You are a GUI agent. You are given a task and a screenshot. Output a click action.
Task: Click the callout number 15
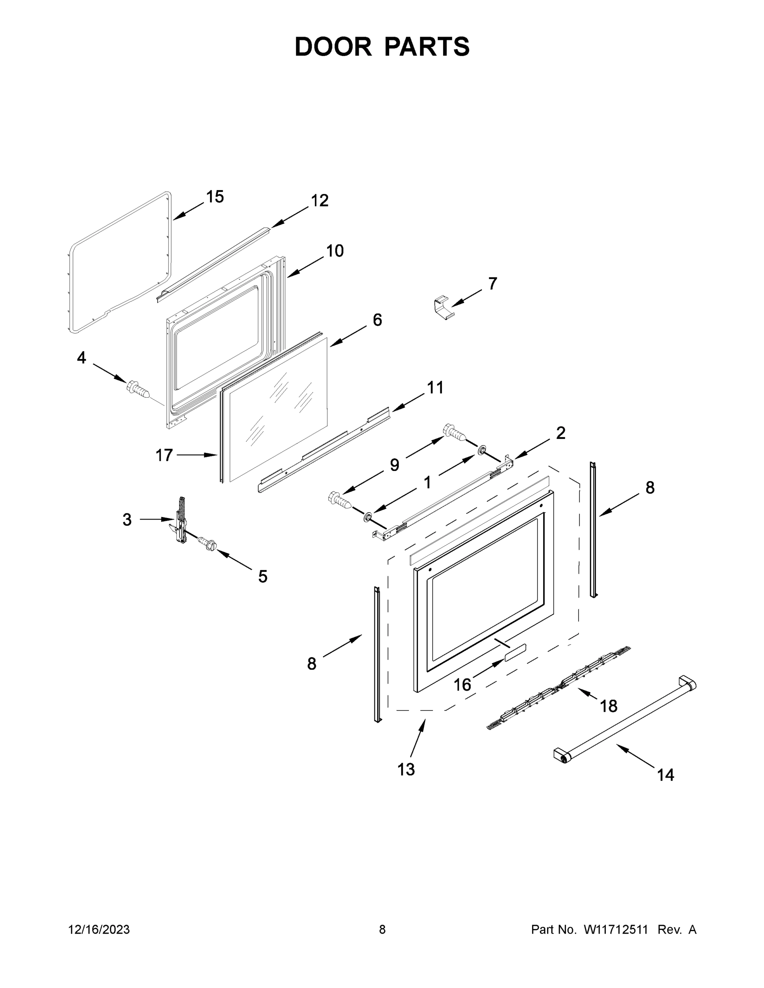point(215,197)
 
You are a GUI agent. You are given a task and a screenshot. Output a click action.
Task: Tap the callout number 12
point(319,200)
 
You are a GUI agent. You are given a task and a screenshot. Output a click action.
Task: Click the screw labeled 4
point(138,389)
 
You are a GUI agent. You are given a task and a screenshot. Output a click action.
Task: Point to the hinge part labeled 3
point(180,520)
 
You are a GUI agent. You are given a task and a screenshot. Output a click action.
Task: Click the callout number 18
point(608,706)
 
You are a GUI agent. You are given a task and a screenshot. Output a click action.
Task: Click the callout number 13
point(406,769)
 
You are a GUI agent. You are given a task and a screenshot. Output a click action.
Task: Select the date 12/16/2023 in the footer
point(99,930)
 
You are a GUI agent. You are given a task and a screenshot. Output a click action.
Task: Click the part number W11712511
point(616,930)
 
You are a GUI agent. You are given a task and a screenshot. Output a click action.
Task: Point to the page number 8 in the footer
point(382,930)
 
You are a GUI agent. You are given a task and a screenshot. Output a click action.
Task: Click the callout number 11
point(435,388)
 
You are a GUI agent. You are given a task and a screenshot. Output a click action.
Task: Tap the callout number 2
point(560,433)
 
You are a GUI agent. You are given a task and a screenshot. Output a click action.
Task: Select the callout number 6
point(377,320)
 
